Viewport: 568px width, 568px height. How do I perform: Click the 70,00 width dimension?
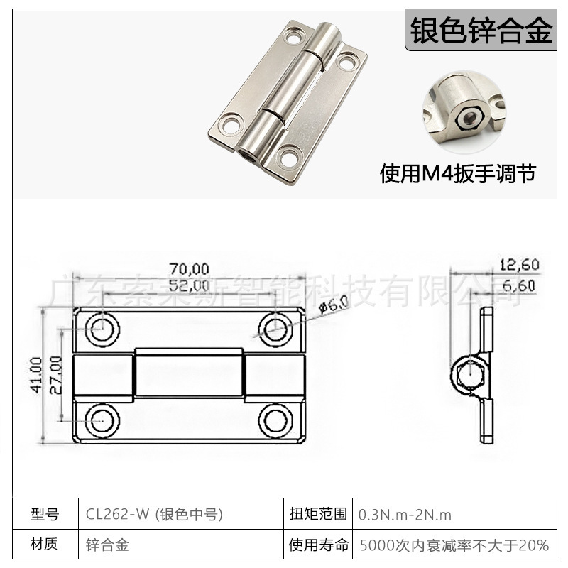click(x=189, y=268)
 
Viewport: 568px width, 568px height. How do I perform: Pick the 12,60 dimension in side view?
click(x=519, y=265)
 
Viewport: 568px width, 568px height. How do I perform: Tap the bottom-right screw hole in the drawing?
click(x=275, y=420)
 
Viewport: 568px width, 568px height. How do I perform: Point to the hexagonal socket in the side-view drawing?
click(x=471, y=374)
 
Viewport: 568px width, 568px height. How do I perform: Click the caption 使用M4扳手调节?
click(x=458, y=173)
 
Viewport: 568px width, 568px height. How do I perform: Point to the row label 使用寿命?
click(x=319, y=545)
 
